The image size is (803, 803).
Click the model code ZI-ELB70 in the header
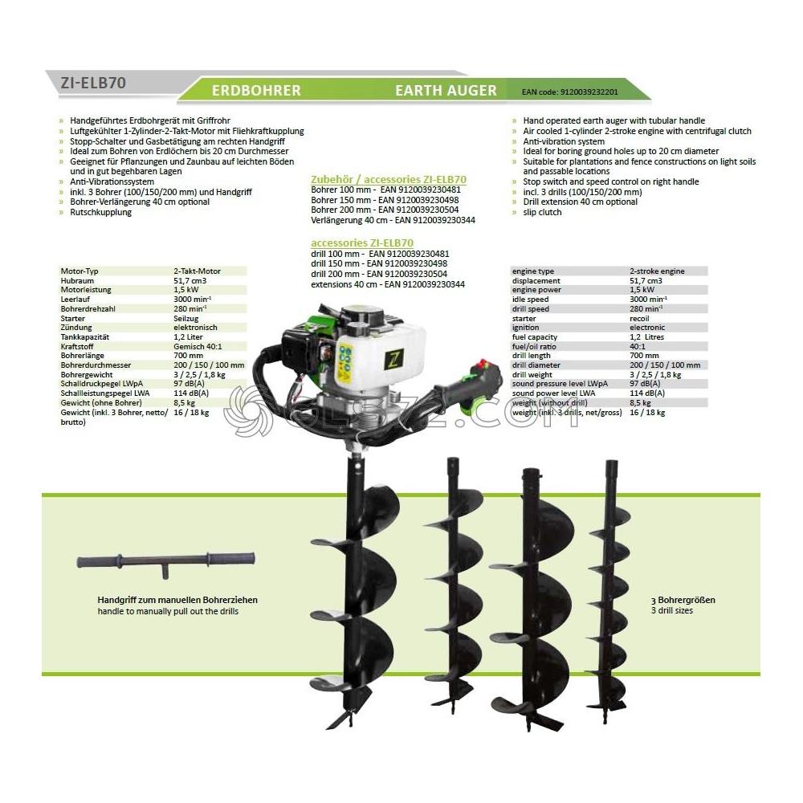[93, 82]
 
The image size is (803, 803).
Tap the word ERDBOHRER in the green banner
[256, 91]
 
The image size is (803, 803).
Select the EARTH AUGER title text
[446, 91]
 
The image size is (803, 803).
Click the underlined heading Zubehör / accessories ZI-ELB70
[389, 179]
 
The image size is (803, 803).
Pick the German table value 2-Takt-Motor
[197, 271]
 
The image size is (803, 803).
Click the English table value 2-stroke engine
[657, 271]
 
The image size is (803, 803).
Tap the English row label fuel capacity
[535, 336]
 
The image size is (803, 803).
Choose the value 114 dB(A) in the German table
[191, 393]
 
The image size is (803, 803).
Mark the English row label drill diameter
[537, 365]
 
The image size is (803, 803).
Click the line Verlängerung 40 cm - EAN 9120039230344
[393, 219]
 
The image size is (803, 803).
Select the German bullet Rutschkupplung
[101, 212]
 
